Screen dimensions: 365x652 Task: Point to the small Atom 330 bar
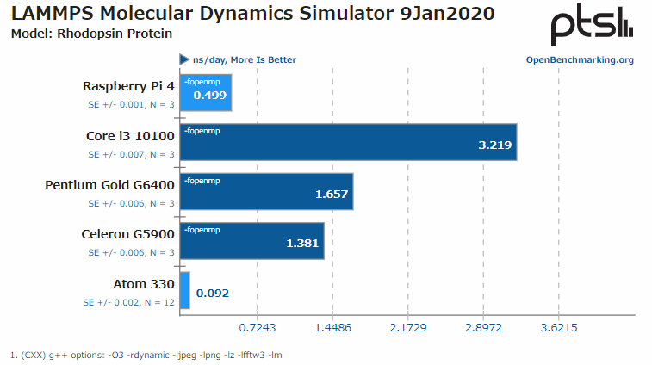pos(184,291)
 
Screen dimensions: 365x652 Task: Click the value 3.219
pos(495,145)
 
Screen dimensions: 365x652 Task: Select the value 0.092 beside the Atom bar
pos(213,293)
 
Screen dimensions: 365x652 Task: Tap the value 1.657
pos(332,194)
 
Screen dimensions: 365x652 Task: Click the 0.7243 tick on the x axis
pos(257,328)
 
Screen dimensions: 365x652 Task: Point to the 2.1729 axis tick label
pos(408,328)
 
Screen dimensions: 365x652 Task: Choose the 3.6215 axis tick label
pos(559,328)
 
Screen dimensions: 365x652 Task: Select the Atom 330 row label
pos(144,284)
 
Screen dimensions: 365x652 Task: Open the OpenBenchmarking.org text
pos(580,59)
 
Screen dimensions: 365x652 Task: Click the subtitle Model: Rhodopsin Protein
pos(91,34)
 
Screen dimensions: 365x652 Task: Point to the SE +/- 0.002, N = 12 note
pos(128,303)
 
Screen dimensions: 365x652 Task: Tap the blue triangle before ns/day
pos(184,59)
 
